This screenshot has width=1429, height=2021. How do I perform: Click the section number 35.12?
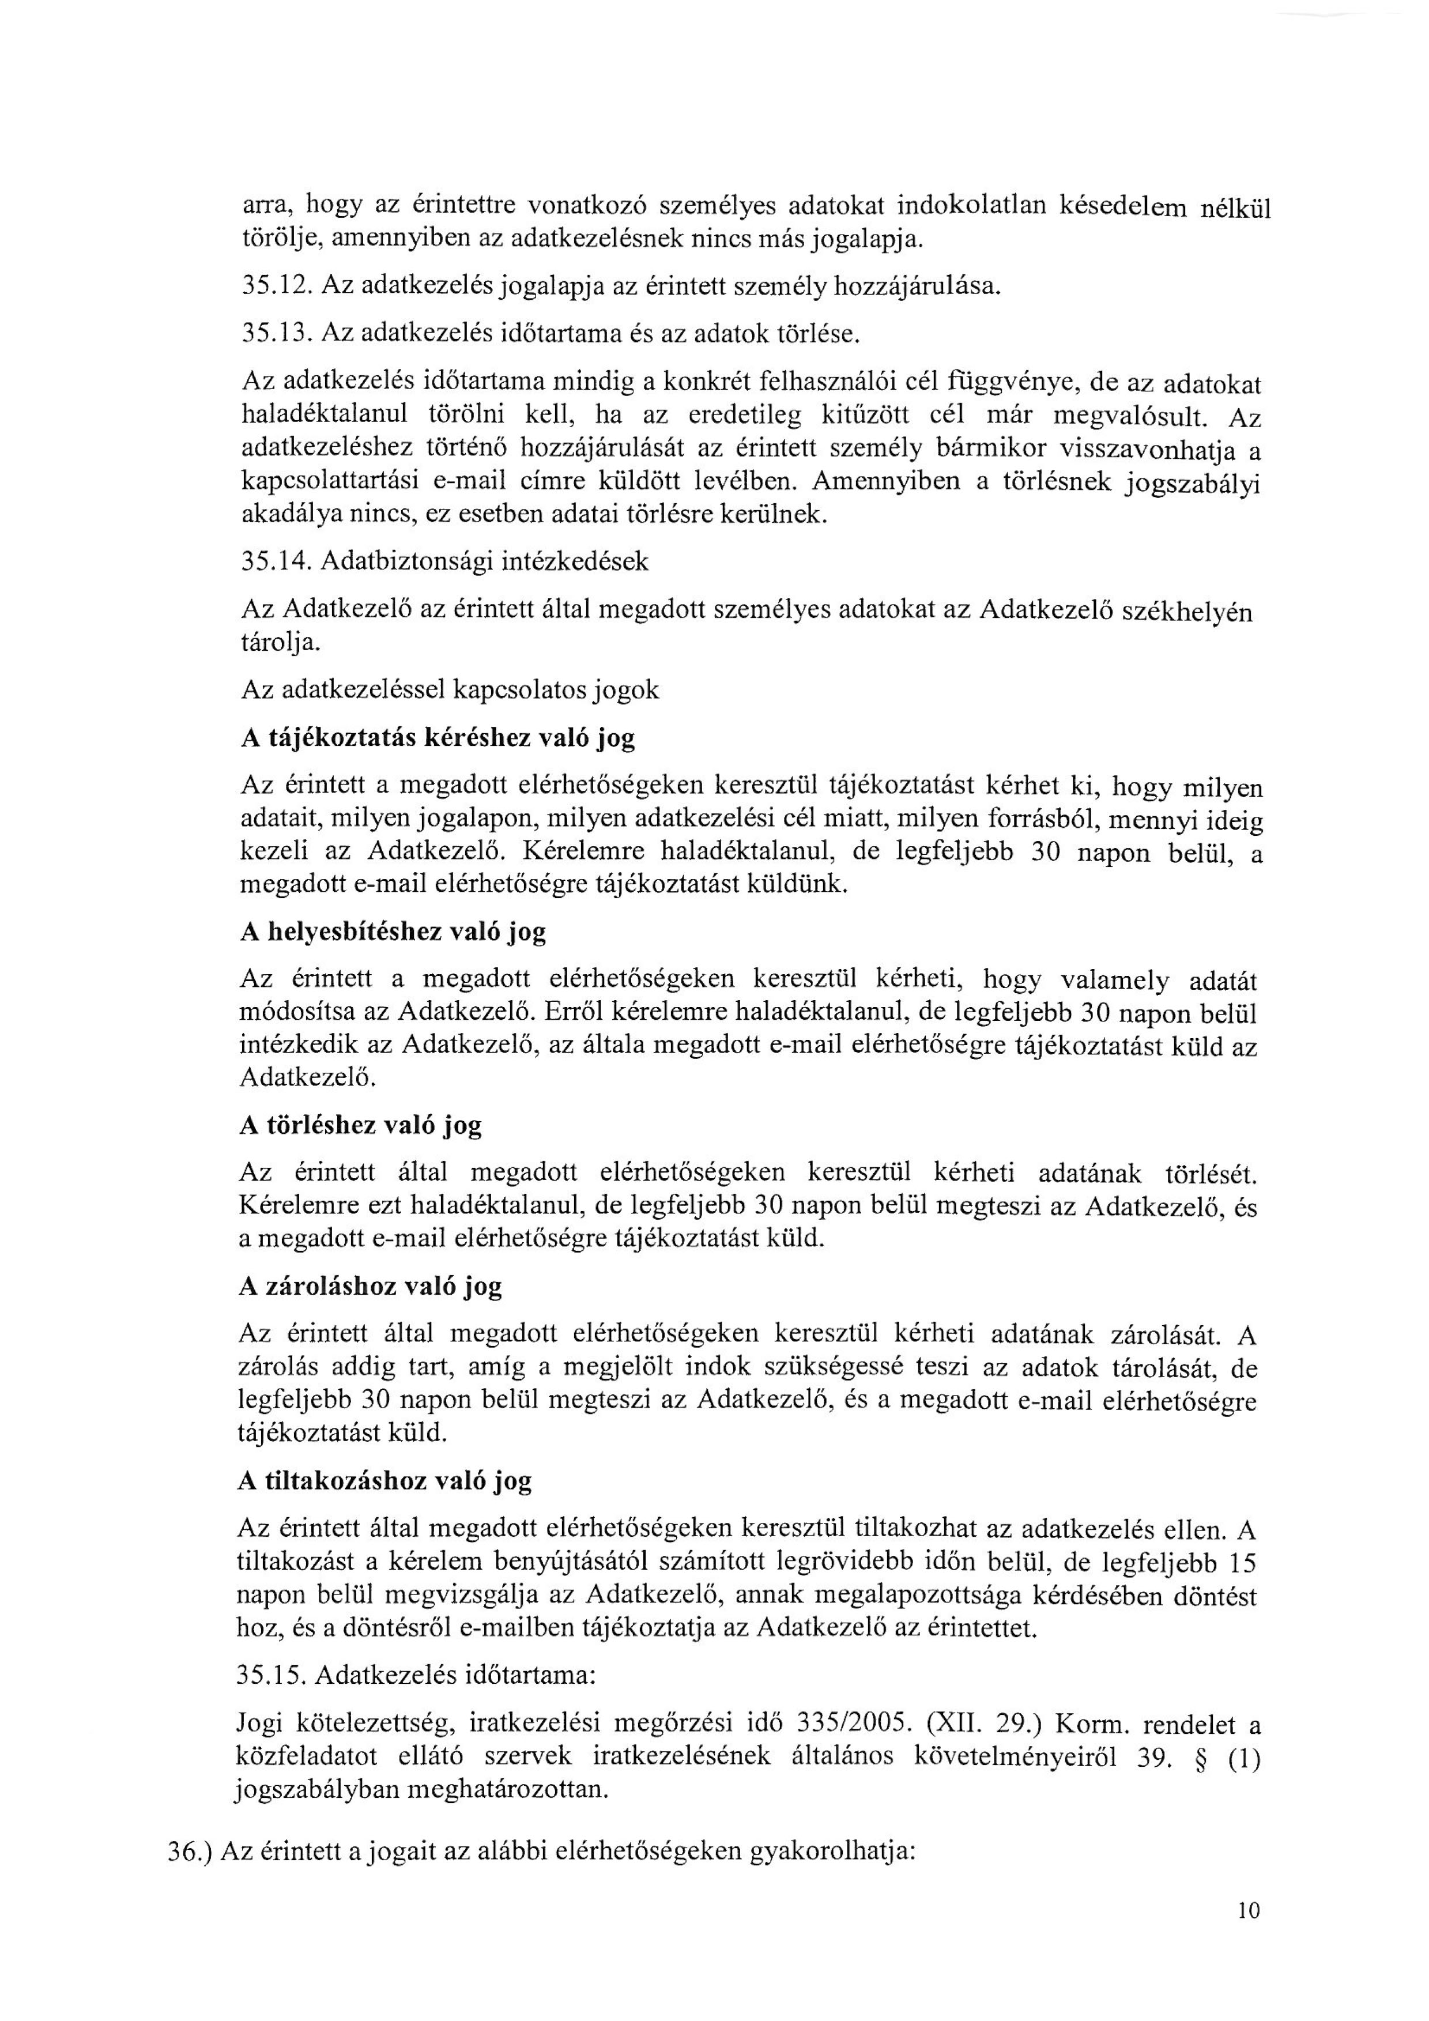pyautogui.click(x=275, y=285)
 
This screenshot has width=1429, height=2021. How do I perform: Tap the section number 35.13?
pyautogui.click(x=275, y=334)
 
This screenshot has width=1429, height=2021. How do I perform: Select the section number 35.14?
pyautogui.click(x=275, y=561)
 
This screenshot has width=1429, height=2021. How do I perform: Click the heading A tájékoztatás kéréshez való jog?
pyautogui.click(x=438, y=738)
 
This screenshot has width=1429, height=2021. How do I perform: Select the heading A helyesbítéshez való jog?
pyautogui.click(x=393, y=932)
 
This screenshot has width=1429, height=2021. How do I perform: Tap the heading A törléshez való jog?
pyautogui.click(x=360, y=1125)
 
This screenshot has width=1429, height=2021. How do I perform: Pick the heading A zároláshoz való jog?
pyautogui.click(x=370, y=1286)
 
